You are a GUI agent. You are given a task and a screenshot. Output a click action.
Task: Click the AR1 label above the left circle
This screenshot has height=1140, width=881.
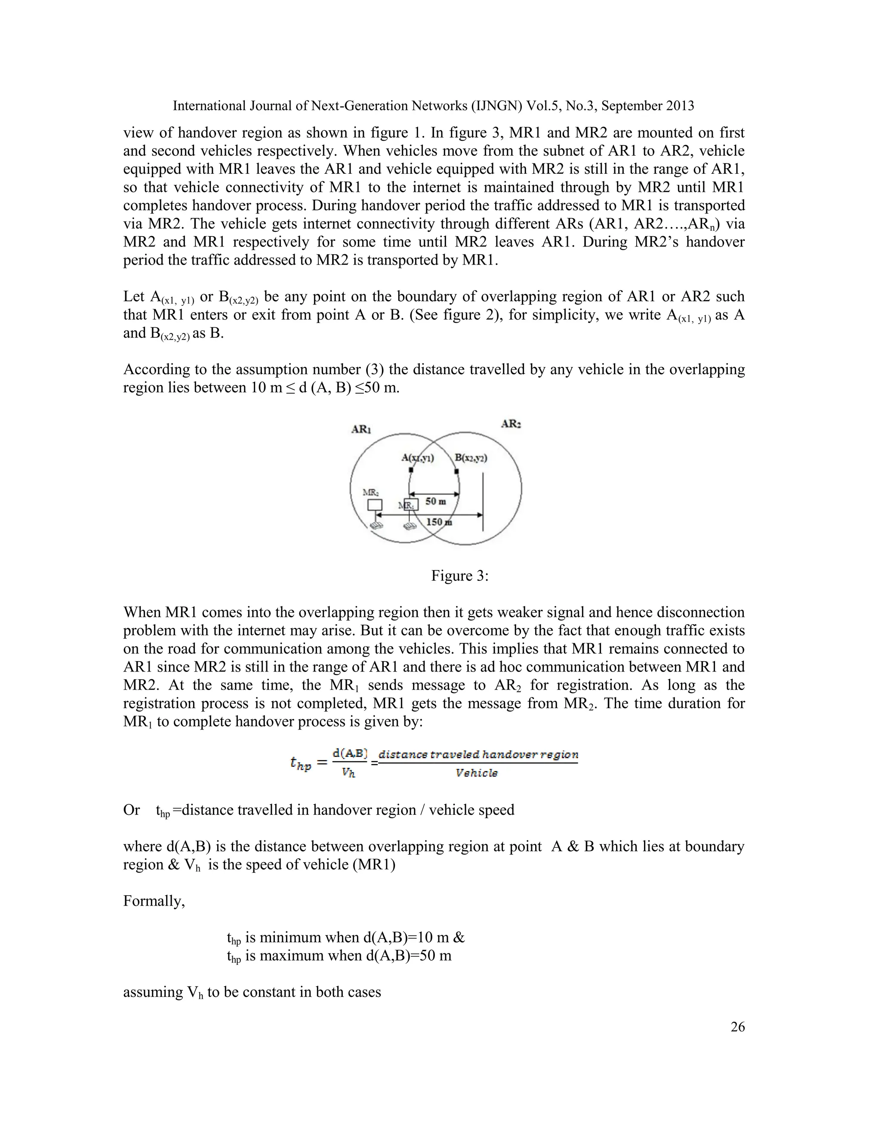(x=361, y=430)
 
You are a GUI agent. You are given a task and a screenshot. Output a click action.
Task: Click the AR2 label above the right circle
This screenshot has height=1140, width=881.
(x=511, y=424)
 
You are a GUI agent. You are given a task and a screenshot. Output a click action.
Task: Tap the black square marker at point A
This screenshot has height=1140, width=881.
(x=411, y=470)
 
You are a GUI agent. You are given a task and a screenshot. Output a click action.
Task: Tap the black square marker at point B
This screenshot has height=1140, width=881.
(x=457, y=472)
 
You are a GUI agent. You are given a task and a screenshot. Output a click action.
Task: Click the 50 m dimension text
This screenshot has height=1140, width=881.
(x=436, y=502)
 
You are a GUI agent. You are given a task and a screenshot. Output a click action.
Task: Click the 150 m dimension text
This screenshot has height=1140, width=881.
(x=439, y=522)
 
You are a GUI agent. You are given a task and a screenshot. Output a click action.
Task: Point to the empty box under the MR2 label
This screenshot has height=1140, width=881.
(x=375, y=505)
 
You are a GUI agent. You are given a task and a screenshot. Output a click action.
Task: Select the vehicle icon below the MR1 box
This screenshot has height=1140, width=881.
(x=411, y=526)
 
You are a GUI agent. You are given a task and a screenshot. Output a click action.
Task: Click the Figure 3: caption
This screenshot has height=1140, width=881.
(x=459, y=576)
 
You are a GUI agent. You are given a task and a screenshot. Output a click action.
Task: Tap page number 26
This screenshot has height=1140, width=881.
(x=737, y=1027)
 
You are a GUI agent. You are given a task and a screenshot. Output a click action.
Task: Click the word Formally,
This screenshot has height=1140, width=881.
(x=154, y=901)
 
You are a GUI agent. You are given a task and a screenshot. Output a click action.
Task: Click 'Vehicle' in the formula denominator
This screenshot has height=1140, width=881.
(x=477, y=773)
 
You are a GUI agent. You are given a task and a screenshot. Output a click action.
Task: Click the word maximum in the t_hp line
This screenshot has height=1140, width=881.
(x=291, y=956)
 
